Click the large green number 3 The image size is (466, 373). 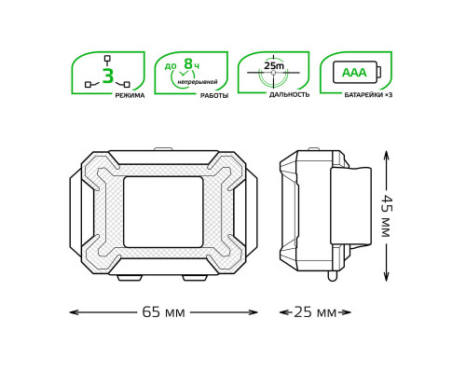[108, 76]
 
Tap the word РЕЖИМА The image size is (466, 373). [130, 95]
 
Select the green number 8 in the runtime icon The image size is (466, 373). [188, 63]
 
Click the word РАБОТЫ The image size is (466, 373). [214, 96]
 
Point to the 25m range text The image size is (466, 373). [274, 65]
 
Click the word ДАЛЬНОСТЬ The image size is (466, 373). [289, 95]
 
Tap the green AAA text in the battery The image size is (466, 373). [354, 73]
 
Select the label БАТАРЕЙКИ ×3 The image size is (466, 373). [368, 95]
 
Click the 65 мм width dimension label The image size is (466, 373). [163, 312]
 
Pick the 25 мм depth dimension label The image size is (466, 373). [315, 312]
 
